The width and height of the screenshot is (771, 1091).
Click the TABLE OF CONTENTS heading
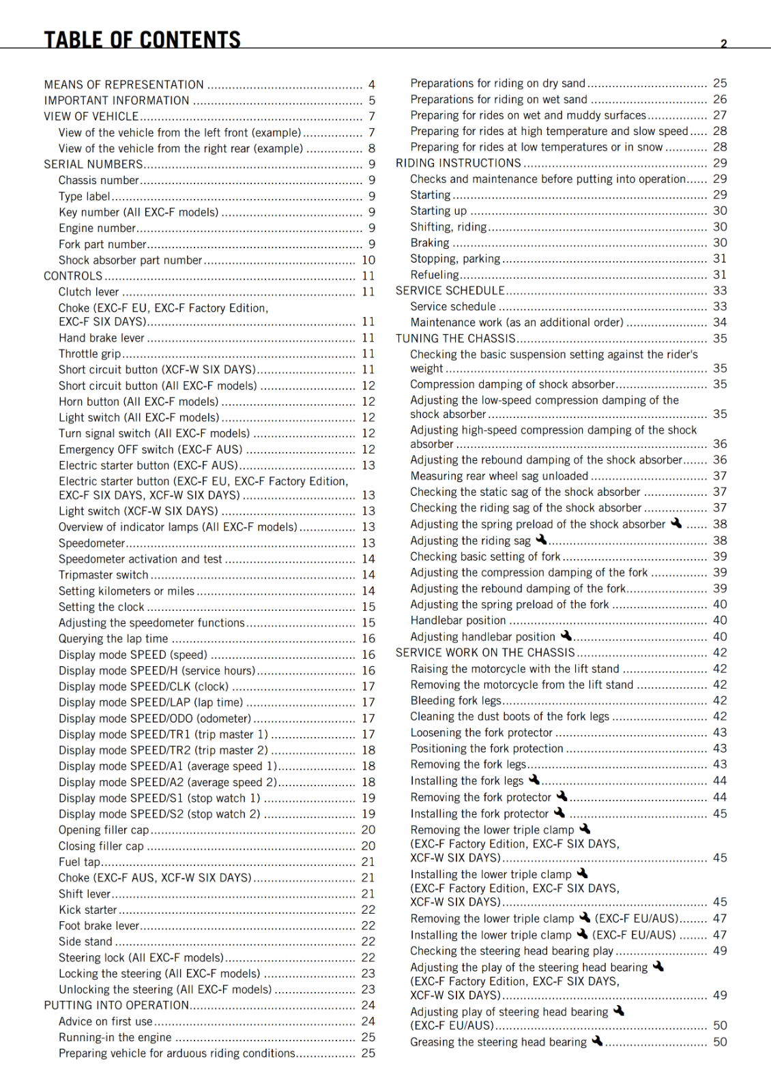coord(142,39)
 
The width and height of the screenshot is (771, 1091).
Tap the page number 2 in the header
coord(723,44)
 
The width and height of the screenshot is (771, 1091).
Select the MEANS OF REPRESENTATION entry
coord(123,85)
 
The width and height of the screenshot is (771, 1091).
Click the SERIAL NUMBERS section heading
coord(93,164)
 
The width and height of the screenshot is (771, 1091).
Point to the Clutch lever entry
coord(89,292)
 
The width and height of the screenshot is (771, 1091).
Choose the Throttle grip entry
coord(89,354)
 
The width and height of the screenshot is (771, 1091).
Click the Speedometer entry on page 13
coord(91,543)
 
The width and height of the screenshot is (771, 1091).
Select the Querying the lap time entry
coord(113,639)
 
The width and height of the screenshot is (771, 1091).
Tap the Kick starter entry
coord(87,910)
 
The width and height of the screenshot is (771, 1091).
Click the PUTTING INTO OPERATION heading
coord(117,1005)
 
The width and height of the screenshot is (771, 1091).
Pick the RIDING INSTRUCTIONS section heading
coord(459,163)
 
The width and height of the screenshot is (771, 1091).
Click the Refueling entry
coord(435,275)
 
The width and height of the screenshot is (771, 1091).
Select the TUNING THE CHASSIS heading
coord(456,338)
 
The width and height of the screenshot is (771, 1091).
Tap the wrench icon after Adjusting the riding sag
coord(541,539)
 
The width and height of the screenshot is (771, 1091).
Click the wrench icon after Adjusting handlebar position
coord(566,636)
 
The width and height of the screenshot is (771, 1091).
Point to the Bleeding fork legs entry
coord(456,700)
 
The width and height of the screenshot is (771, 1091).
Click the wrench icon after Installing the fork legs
coord(534,779)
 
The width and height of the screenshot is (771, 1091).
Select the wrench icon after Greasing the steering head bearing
coord(597,1041)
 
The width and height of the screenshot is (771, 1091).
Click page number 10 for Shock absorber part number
coord(368,260)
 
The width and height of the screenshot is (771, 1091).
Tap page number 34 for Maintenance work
coord(720,323)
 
